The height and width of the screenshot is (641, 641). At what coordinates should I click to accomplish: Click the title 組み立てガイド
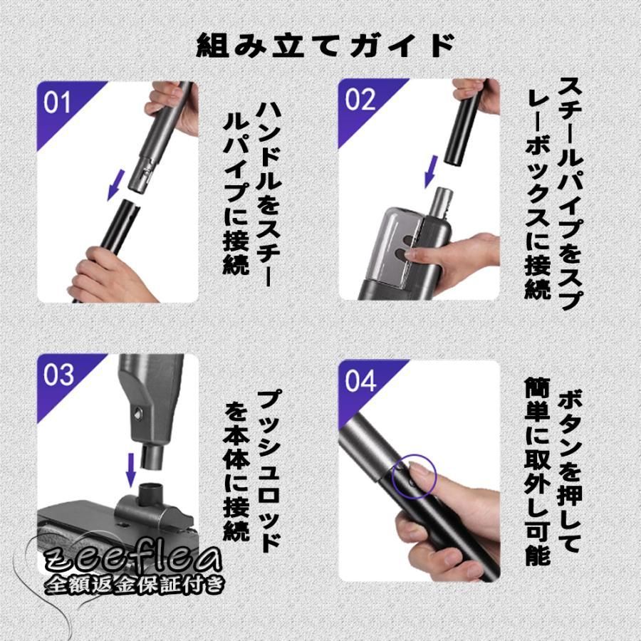point(325,45)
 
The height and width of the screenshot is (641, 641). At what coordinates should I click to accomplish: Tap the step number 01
point(57,103)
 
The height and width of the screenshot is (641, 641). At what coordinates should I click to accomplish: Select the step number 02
point(360,100)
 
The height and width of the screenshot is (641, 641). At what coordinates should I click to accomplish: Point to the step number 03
point(58,375)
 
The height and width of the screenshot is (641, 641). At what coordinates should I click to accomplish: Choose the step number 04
point(360,381)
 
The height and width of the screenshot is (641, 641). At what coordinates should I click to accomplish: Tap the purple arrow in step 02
point(430,171)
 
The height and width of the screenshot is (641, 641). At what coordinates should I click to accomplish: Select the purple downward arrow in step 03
point(130,469)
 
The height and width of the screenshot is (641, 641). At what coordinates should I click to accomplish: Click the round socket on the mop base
point(151,493)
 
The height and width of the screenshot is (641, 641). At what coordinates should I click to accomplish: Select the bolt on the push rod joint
point(139,412)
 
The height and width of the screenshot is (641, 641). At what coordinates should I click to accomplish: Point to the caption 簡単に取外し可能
point(538,471)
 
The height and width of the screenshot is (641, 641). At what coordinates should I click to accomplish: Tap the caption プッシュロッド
point(269,471)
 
